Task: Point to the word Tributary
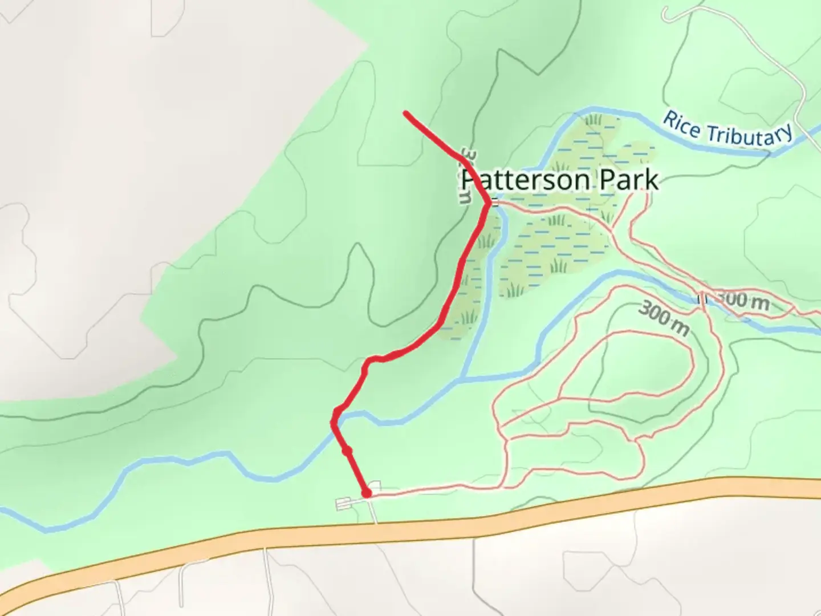pos(750,135)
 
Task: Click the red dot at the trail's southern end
pos(367,492)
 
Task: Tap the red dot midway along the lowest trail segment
pos(347,451)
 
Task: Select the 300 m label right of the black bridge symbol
pos(742,301)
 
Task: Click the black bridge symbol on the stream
pos(702,298)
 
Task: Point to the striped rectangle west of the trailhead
pos(344,504)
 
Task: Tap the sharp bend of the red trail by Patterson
pos(488,202)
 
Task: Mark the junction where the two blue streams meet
pos(464,378)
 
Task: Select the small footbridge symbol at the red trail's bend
pos(495,202)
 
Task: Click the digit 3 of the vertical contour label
pos(467,155)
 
